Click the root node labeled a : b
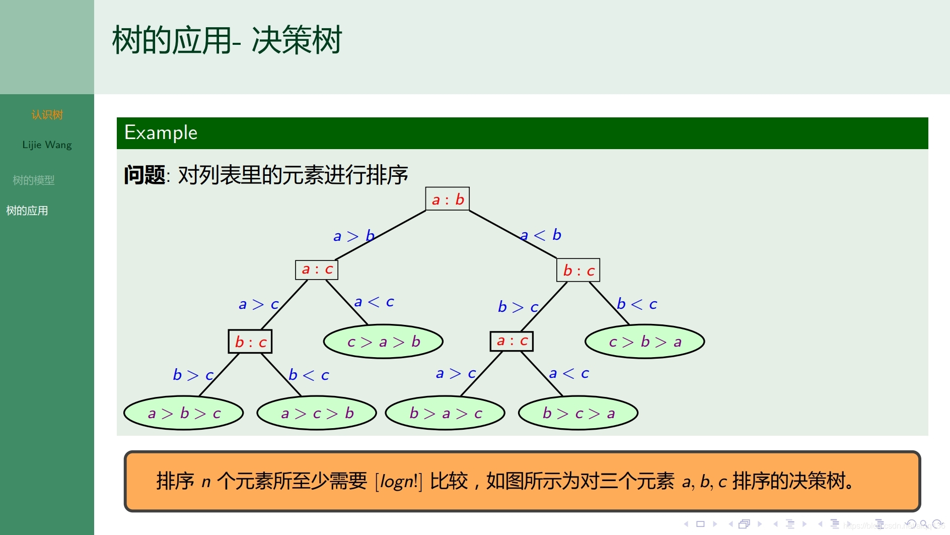(x=448, y=199)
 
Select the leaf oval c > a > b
(x=383, y=342)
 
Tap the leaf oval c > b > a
(x=644, y=342)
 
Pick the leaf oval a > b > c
(x=184, y=413)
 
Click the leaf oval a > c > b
(x=317, y=413)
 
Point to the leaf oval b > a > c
(x=445, y=413)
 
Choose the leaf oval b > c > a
(x=578, y=413)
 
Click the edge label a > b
(x=353, y=236)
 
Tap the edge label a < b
(x=541, y=235)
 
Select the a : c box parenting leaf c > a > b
(x=317, y=270)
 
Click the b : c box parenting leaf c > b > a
(x=578, y=271)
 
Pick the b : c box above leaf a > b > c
(x=250, y=342)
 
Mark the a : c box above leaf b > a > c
(x=511, y=341)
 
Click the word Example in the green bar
(x=161, y=133)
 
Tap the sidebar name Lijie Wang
(x=47, y=145)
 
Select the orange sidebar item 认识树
(x=47, y=115)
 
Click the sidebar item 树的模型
(x=33, y=180)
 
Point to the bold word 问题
(x=144, y=175)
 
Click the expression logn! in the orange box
(x=399, y=481)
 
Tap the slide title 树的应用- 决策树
(x=227, y=40)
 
